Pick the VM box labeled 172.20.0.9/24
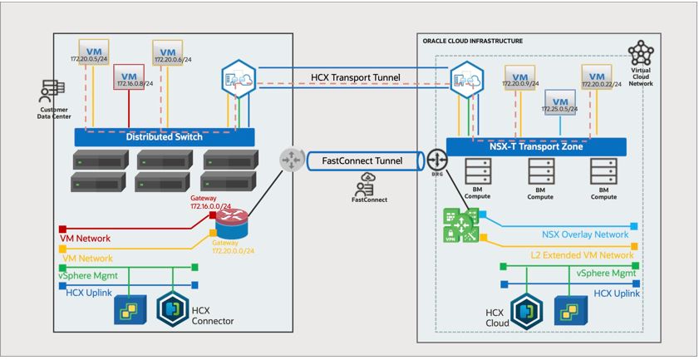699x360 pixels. [519, 78]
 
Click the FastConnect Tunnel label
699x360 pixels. [361, 160]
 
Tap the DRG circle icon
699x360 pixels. [437, 160]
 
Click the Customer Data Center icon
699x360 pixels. [53, 91]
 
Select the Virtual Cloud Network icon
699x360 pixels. [642, 55]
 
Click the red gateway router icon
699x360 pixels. [235, 219]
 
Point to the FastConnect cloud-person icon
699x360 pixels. [366, 185]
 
